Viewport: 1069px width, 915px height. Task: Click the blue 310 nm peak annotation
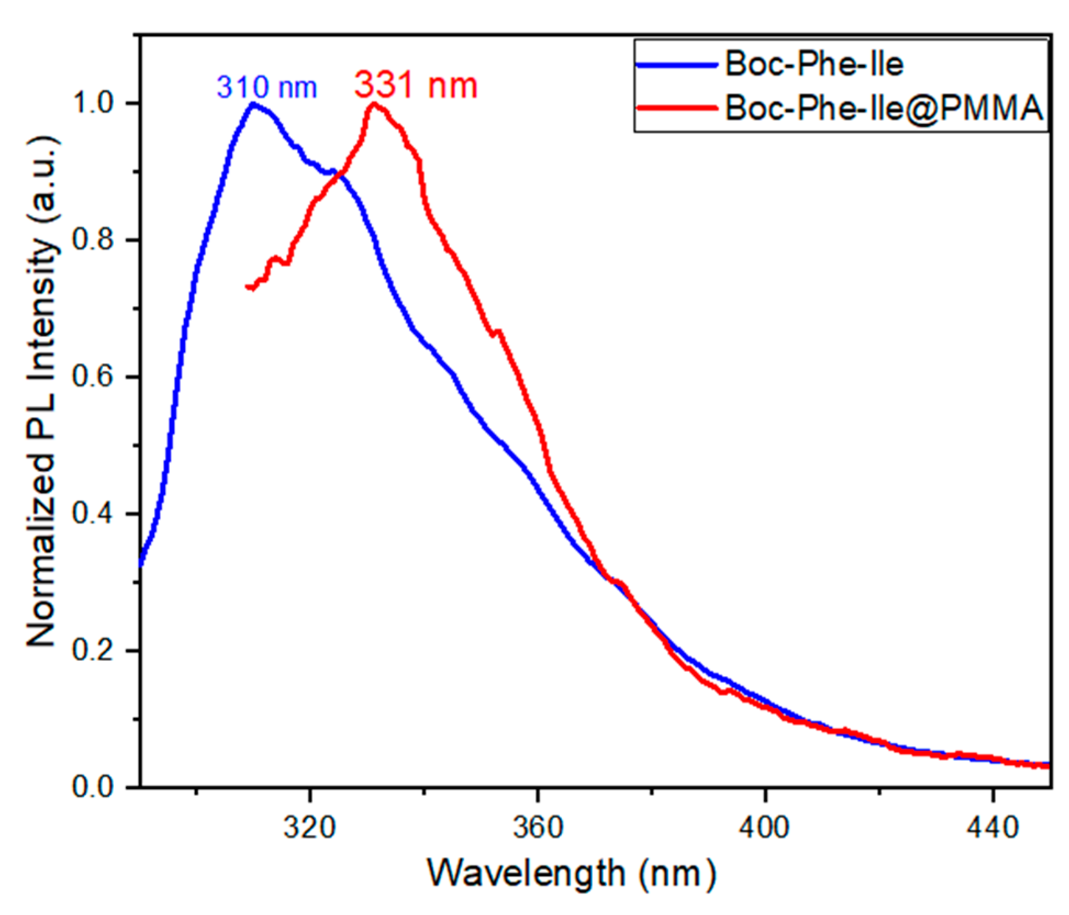coord(267,87)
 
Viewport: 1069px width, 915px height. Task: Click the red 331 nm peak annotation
coord(416,85)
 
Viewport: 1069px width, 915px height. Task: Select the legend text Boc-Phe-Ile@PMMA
coord(883,108)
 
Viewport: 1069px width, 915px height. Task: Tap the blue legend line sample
coord(676,65)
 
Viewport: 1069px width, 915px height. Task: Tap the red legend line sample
coord(676,108)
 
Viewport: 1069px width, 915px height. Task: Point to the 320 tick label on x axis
coord(310,827)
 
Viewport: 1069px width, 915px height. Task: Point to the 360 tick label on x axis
coord(538,827)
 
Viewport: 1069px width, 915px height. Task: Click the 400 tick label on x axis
coord(765,827)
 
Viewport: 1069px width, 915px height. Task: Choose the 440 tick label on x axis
coord(992,827)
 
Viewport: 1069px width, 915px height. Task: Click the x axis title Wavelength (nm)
coord(571,873)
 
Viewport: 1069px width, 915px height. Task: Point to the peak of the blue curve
coord(253,104)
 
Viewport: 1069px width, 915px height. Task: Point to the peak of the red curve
coord(373,104)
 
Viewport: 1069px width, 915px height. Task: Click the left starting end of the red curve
coord(248,287)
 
